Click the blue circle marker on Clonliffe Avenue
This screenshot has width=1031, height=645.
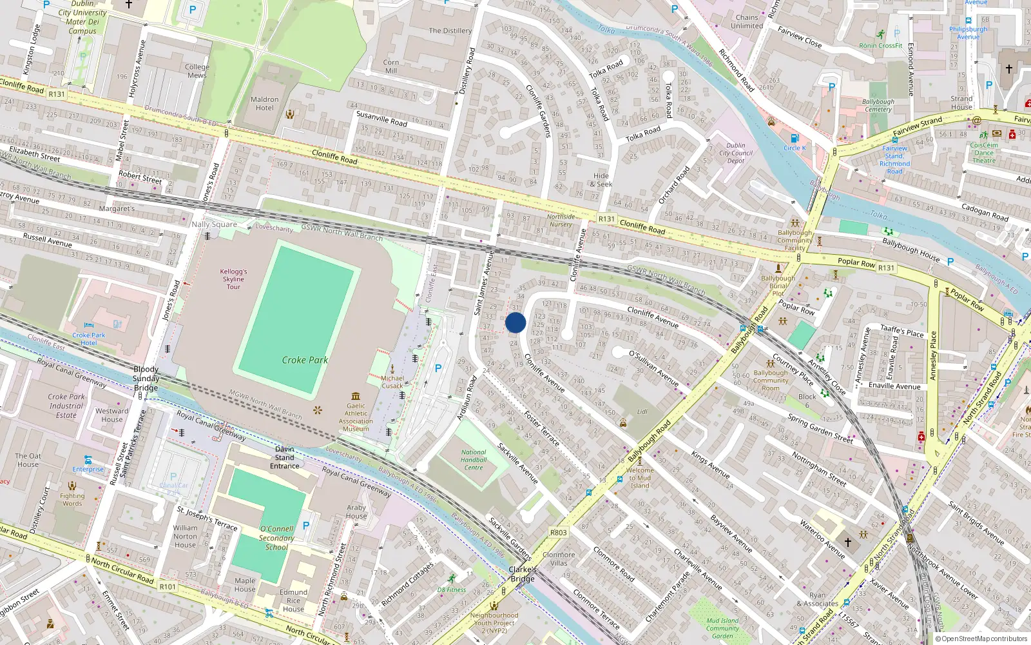(x=515, y=322)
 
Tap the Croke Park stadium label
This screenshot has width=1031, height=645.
(x=305, y=360)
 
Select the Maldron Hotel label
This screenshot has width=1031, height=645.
(x=264, y=104)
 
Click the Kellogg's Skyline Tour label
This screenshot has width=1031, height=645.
(x=233, y=279)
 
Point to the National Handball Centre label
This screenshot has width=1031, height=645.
(x=474, y=460)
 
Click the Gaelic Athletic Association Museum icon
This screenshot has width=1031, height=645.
(x=356, y=396)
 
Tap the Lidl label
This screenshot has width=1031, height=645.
(x=642, y=412)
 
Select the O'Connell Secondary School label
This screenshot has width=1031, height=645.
(x=276, y=537)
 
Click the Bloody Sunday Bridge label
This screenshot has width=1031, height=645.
(x=146, y=379)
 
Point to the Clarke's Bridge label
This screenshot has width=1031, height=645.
(x=523, y=574)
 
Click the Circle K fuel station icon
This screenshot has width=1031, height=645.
(x=795, y=138)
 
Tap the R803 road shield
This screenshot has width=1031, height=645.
(x=558, y=533)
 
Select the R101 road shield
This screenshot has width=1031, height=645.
(x=168, y=586)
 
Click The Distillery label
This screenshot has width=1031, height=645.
(x=450, y=30)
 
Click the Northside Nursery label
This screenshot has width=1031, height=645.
(x=561, y=221)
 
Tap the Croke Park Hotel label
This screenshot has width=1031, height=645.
(x=89, y=339)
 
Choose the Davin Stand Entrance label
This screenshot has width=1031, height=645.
(x=285, y=457)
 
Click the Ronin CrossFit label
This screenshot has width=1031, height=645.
(x=880, y=46)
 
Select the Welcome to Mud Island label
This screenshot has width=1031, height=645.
(x=640, y=478)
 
